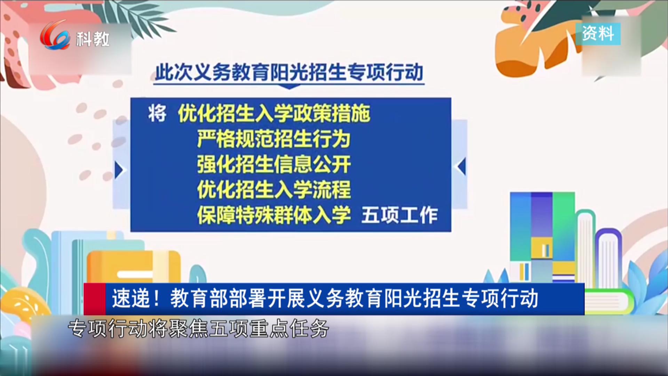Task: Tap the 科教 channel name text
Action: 93,39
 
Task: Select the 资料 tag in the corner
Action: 598,34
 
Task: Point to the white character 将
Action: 157,113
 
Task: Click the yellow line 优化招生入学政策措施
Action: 274,113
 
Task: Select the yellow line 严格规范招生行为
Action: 274,139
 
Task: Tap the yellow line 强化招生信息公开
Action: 274,164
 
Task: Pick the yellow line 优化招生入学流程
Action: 274,189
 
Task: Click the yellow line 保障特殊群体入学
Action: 274,215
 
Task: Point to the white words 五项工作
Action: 399,215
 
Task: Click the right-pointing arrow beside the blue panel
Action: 119,171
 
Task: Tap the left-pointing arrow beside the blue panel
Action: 461,166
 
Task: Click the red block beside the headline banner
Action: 95,299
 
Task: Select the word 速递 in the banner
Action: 130,299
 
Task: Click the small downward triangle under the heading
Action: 289,87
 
